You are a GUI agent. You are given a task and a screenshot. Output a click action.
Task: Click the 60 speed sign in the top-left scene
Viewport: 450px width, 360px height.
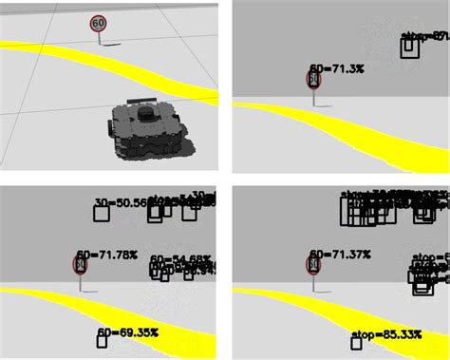click(98, 23)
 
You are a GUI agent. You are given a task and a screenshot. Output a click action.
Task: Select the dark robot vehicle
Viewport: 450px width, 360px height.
click(148, 128)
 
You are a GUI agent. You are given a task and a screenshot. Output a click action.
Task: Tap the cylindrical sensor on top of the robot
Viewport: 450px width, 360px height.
click(146, 112)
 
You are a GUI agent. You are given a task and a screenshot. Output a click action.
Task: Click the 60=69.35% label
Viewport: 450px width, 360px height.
click(128, 333)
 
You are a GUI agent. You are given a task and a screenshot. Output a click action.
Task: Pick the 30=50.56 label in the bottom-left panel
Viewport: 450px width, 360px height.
click(120, 202)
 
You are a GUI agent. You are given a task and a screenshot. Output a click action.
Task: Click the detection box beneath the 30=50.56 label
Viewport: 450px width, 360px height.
click(102, 214)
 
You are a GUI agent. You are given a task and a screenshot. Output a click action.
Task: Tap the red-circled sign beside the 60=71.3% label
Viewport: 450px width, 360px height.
click(314, 80)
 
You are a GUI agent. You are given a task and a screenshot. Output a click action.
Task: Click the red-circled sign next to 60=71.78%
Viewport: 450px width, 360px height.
click(82, 263)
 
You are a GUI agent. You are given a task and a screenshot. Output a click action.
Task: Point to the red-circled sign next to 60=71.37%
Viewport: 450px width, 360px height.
click(313, 263)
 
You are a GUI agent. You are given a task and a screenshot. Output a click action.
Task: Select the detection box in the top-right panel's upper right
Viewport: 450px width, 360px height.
click(410, 47)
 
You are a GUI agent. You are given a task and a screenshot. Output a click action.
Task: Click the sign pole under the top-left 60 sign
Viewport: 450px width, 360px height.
click(99, 38)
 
